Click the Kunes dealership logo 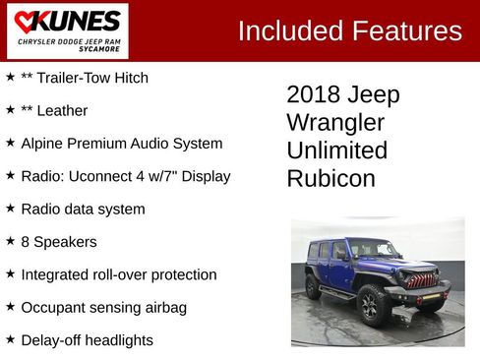coord(66,30)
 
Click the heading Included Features coord(349,30)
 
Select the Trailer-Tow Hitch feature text coord(85,78)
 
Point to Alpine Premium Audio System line coord(121,144)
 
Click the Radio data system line coord(83,209)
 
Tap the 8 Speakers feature coord(58,241)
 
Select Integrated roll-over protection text coord(118,274)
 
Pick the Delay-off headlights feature coord(87,340)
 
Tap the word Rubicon coord(330,179)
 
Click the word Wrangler coord(335,123)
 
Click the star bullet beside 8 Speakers coord(10,240)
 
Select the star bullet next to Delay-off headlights coord(10,338)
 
